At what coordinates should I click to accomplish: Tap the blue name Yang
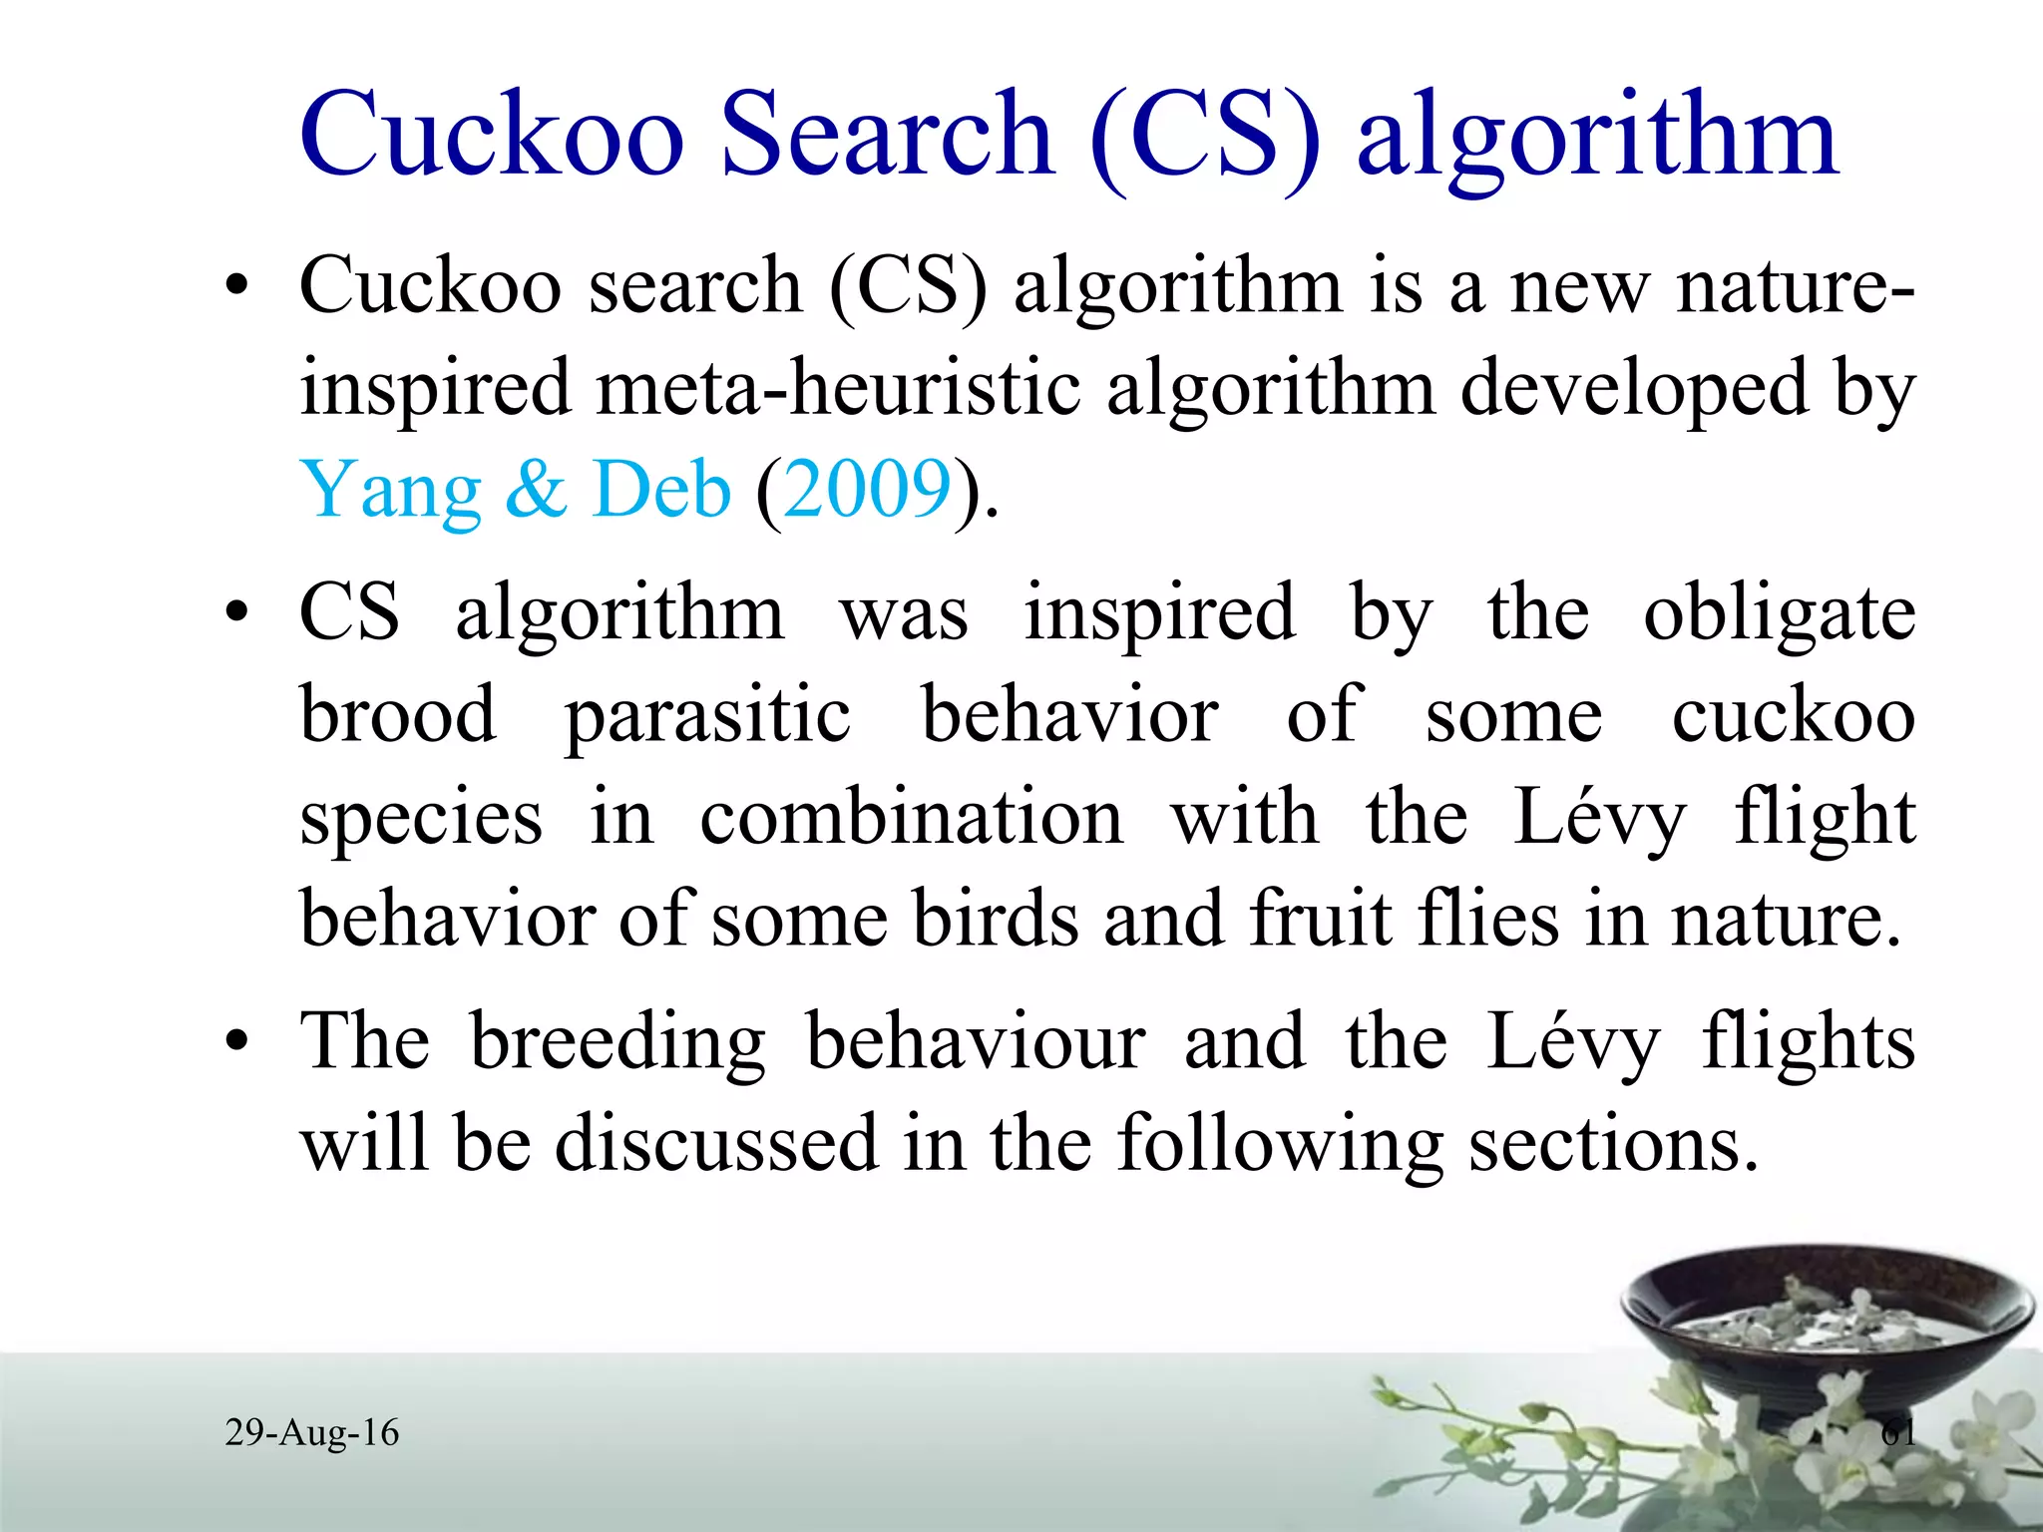pos(390,490)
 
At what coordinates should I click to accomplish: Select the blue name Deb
pos(660,490)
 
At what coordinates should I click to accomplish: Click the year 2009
pos(867,490)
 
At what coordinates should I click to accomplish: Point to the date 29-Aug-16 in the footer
pos(311,1432)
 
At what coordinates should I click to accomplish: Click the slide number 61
pos(1897,1433)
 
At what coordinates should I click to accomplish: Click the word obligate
pos(1779,614)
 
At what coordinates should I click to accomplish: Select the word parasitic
pos(707,716)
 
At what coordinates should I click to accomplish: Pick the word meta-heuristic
pos(838,388)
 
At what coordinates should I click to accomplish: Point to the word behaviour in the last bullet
pos(975,1041)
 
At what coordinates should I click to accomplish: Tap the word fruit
pos(1321,918)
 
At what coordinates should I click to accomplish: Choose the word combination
pos(911,818)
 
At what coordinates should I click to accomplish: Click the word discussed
pos(715,1143)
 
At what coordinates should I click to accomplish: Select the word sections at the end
pos(1612,1143)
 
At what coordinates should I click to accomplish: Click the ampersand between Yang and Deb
pos(537,490)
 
